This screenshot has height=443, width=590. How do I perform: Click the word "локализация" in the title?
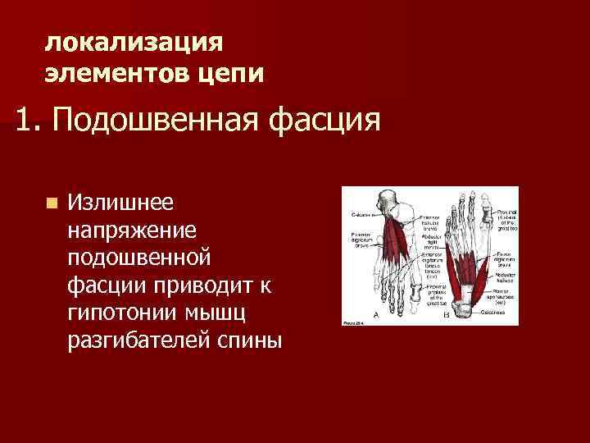click(133, 42)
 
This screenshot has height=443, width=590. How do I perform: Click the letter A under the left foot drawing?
click(376, 313)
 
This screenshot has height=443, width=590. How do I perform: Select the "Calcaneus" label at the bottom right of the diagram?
click(505, 311)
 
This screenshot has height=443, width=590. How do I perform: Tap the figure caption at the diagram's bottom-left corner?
click(353, 322)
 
